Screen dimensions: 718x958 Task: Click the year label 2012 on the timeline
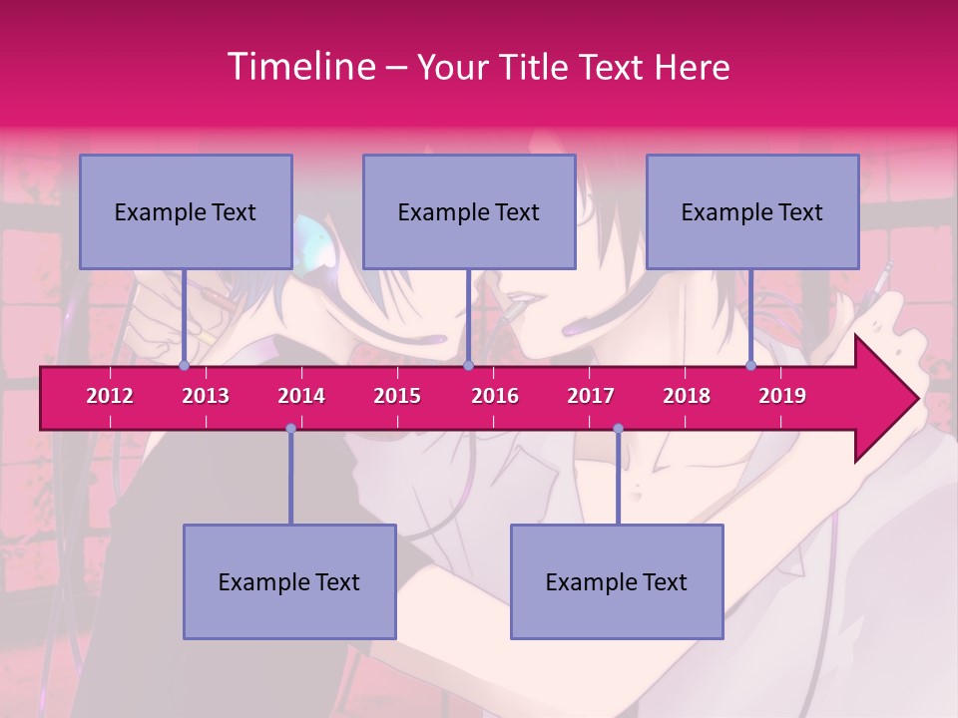click(x=110, y=396)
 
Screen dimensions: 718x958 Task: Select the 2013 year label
click(x=206, y=396)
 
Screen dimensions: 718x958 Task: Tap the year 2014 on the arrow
click(x=301, y=396)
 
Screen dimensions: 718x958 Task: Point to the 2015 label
click(x=397, y=396)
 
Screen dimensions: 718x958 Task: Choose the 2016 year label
click(x=495, y=396)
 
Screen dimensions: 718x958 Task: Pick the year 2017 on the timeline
click(x=591, y=396)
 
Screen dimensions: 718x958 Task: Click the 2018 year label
click(x=687, y=396)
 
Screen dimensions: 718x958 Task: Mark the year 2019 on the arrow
click(x=782, y=396)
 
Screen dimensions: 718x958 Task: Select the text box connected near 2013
click(x=186, y=211)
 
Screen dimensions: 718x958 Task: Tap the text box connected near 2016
click(x=469, y=211)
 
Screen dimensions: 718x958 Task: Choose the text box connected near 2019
click(x=752, y=211)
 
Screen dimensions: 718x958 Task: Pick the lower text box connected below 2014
click(x=289, y=581)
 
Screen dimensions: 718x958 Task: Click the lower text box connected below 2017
click(x=617, y=581)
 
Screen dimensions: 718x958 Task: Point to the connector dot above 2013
click(x=184, y=366)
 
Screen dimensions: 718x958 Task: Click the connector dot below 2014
click(x=290, y=429)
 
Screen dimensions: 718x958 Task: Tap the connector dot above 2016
click(x=468, y=366)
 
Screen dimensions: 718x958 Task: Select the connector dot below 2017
click(x=618, y=429)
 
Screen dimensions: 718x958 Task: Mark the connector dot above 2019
click(x=750, y=366)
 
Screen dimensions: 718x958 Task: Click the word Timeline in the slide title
click(x=299, y=67)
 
